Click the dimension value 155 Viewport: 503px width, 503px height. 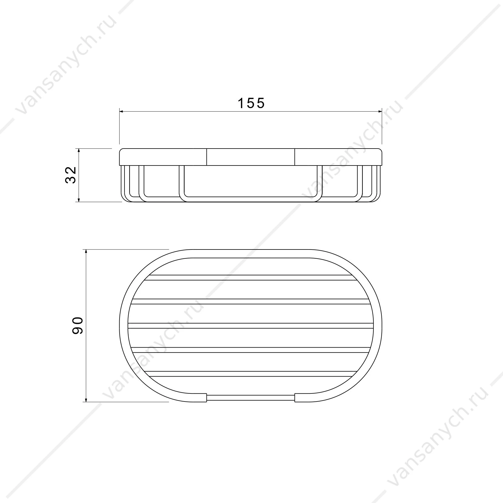[x=251, y=104]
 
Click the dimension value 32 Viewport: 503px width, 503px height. [x=71, y=175]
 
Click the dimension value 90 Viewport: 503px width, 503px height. [x=78, y=326]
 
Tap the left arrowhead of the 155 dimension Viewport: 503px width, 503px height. [x=121, y=111]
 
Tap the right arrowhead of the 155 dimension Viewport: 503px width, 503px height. [x=380, y=111]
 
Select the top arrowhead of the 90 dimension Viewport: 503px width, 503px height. [x=86, y=252]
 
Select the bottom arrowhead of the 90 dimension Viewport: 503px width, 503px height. [x=86, y=400]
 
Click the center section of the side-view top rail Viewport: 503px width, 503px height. [x=251, y=157]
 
